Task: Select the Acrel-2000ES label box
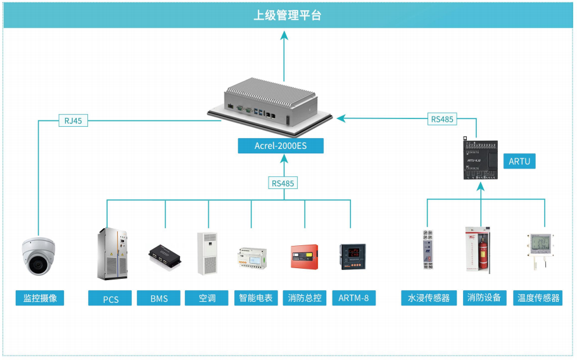coord(280,146)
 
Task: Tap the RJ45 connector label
coord(73,120)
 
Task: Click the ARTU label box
coord(519,161)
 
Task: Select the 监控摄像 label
coord(40,298)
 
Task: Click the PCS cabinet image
coord(111,254)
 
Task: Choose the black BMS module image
coord(166,255)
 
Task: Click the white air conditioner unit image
coord(207,254)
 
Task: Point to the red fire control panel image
coord(304,257)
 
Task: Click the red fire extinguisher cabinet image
coord(480,252)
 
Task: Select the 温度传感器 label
coord(538,298)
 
